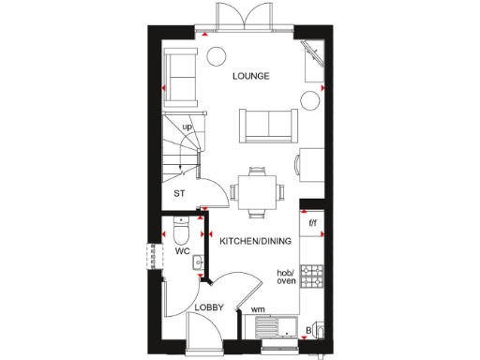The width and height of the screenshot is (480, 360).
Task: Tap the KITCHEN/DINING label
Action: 255,241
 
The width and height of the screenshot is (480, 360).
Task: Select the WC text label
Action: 182,251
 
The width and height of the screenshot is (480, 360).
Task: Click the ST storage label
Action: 179,194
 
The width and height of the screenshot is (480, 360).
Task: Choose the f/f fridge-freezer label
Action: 313,222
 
